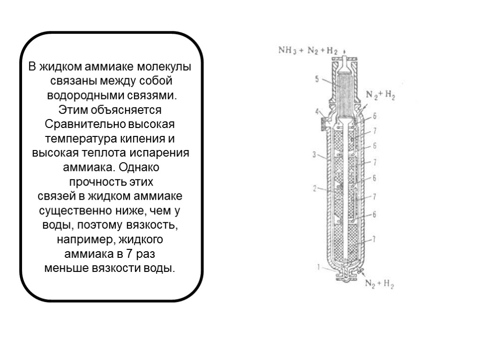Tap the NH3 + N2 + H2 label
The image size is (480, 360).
308,51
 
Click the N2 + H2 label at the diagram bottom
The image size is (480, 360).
379,283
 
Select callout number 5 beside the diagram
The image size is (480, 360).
317,80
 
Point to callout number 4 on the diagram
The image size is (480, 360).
317,112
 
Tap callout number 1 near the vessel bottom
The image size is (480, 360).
318,268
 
